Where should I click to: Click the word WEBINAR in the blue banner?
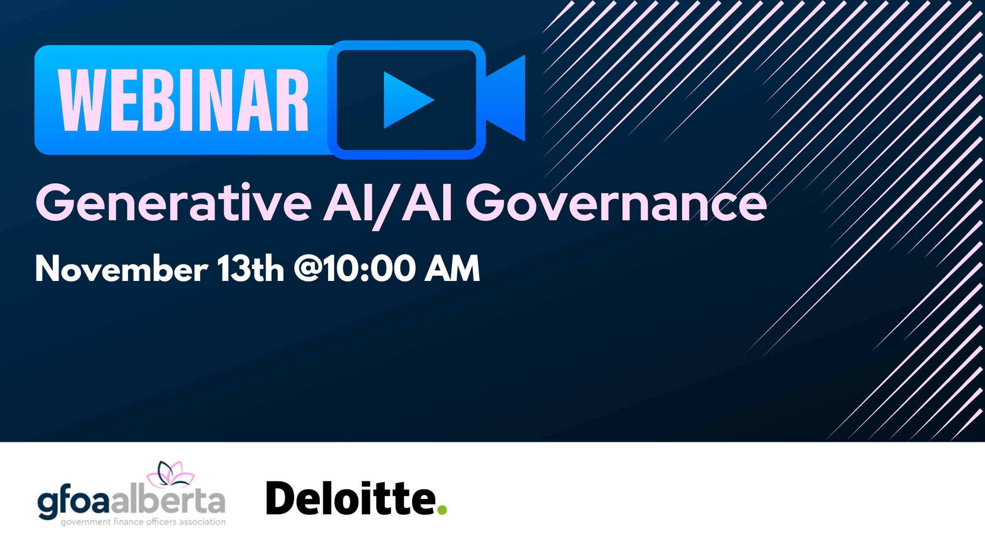(183, 101)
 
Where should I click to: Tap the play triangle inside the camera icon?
(407, 100)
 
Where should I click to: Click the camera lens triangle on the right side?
(506, 98)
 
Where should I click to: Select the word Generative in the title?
(174, 203)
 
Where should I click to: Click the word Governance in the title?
(617, 203)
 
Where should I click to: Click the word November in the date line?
(121, 268)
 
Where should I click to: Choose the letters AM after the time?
(452, 268)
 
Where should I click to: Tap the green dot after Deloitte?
(442, 510)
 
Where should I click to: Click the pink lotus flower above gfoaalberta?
(171, 474)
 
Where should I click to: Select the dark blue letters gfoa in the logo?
(73, 504)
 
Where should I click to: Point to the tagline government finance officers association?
(143, 522)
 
